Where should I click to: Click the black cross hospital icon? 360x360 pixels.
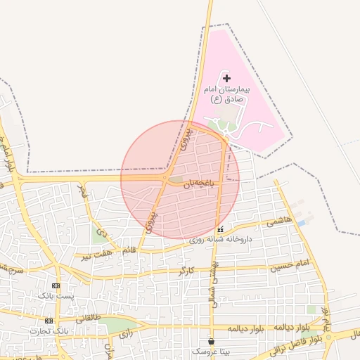(x=226, y=79)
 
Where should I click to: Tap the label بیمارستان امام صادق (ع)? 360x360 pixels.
(x=227, y=95)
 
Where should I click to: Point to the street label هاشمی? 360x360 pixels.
(x=279, y=223)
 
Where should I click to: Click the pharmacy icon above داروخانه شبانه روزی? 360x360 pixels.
(x=221, y=229)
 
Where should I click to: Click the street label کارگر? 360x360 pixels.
(x=186, y=269)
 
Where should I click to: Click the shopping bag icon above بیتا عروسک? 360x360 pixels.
(x=211, y=341)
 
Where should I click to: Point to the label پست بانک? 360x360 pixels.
(x=56, y=296)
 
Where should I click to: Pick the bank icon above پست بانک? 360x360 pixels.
(x=56, y=286)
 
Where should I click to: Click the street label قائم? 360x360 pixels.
(x=129, y=250)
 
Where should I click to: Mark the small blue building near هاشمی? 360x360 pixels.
(x=302, y=223)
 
